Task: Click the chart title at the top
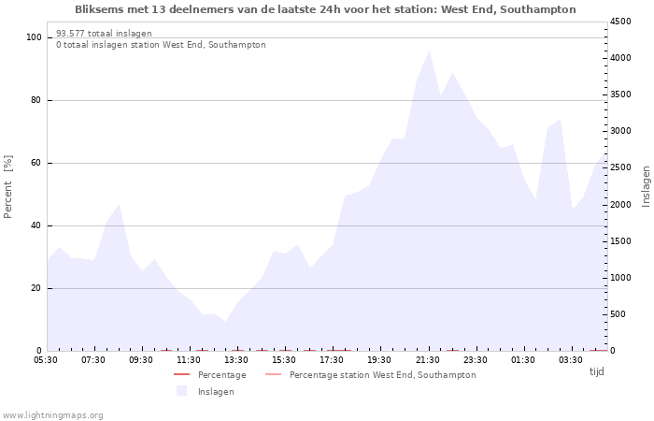[x=325, y=9]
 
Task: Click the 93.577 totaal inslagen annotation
[x=104, y=34]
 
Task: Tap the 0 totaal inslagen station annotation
[x=161, y=45]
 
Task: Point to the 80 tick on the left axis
[x=36, y=100]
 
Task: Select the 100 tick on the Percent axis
[x=34, y=37]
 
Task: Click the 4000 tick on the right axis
[x=620, y=58]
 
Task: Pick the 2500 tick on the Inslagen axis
[x=620, y=167]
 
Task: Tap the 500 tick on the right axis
[x=618, y=314]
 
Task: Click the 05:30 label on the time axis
[x=46, y=360]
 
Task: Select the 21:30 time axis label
[x=428, y=360]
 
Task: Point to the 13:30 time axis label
[x=236, y=360]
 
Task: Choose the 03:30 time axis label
[x=571, y=360]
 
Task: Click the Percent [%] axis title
[x=7, y=187]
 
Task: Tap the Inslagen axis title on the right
[x=647, y=187]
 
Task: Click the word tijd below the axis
[x=596, y=371]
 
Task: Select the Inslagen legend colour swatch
[x=181, y=391]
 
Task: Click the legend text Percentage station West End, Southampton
[x=382, y=375]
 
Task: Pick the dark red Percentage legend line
[x=181, y=374]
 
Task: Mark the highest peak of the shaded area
[x=429, y=51]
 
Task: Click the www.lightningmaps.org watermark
[x=52, y=415]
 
